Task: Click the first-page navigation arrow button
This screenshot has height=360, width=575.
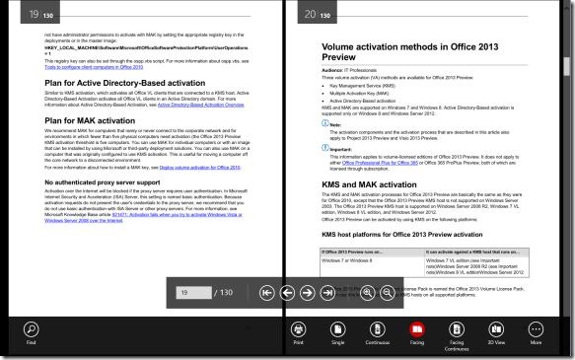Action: coord(267,293)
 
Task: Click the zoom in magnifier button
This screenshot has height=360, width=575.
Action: coord(368,293)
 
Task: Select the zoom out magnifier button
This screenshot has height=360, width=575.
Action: coord(388,293)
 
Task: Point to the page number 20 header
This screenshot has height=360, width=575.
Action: coord(310,14)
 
